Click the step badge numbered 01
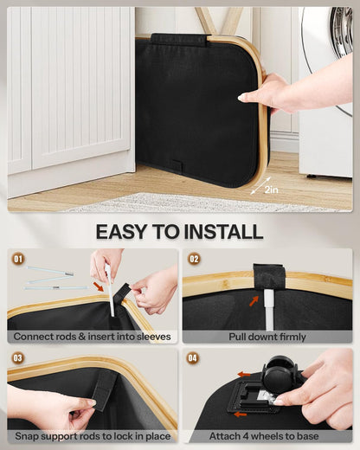18,259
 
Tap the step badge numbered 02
194,259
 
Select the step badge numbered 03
18,358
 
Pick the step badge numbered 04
193,358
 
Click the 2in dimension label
271,190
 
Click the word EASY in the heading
121,231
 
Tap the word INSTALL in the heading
223,231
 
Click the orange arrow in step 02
254,301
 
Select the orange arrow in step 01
99,286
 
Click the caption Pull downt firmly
267,337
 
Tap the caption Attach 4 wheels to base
264,436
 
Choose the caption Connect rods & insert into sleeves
92,337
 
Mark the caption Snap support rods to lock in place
93,436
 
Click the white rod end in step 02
269,310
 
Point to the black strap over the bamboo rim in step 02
269,276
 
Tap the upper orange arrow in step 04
244,375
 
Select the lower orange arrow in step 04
241,415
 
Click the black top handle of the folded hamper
179,40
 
